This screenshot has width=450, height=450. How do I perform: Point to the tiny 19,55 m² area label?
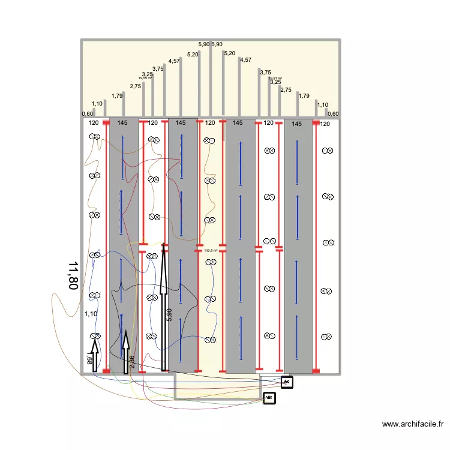pos(145,78)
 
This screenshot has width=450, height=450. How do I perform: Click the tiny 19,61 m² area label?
pos(275,78)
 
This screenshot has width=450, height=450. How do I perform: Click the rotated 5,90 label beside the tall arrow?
pos(169,315)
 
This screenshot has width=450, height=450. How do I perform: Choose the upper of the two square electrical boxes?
pos(287,382)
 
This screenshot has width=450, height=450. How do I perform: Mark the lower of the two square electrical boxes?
pos(269,397)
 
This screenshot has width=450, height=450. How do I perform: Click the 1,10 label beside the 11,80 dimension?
pos(91,314)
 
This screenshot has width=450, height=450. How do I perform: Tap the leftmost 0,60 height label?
pos(88,114)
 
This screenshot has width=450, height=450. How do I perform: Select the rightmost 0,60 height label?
pos(333,114)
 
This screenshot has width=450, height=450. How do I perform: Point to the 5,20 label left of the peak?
pos(193,55)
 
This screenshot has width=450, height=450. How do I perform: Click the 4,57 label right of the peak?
pos(245,60)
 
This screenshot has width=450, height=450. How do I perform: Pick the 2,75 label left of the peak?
pos(135,86)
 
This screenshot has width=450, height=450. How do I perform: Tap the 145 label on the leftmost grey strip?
pos(122,123)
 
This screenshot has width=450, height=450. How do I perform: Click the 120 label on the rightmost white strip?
pos(325,124)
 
